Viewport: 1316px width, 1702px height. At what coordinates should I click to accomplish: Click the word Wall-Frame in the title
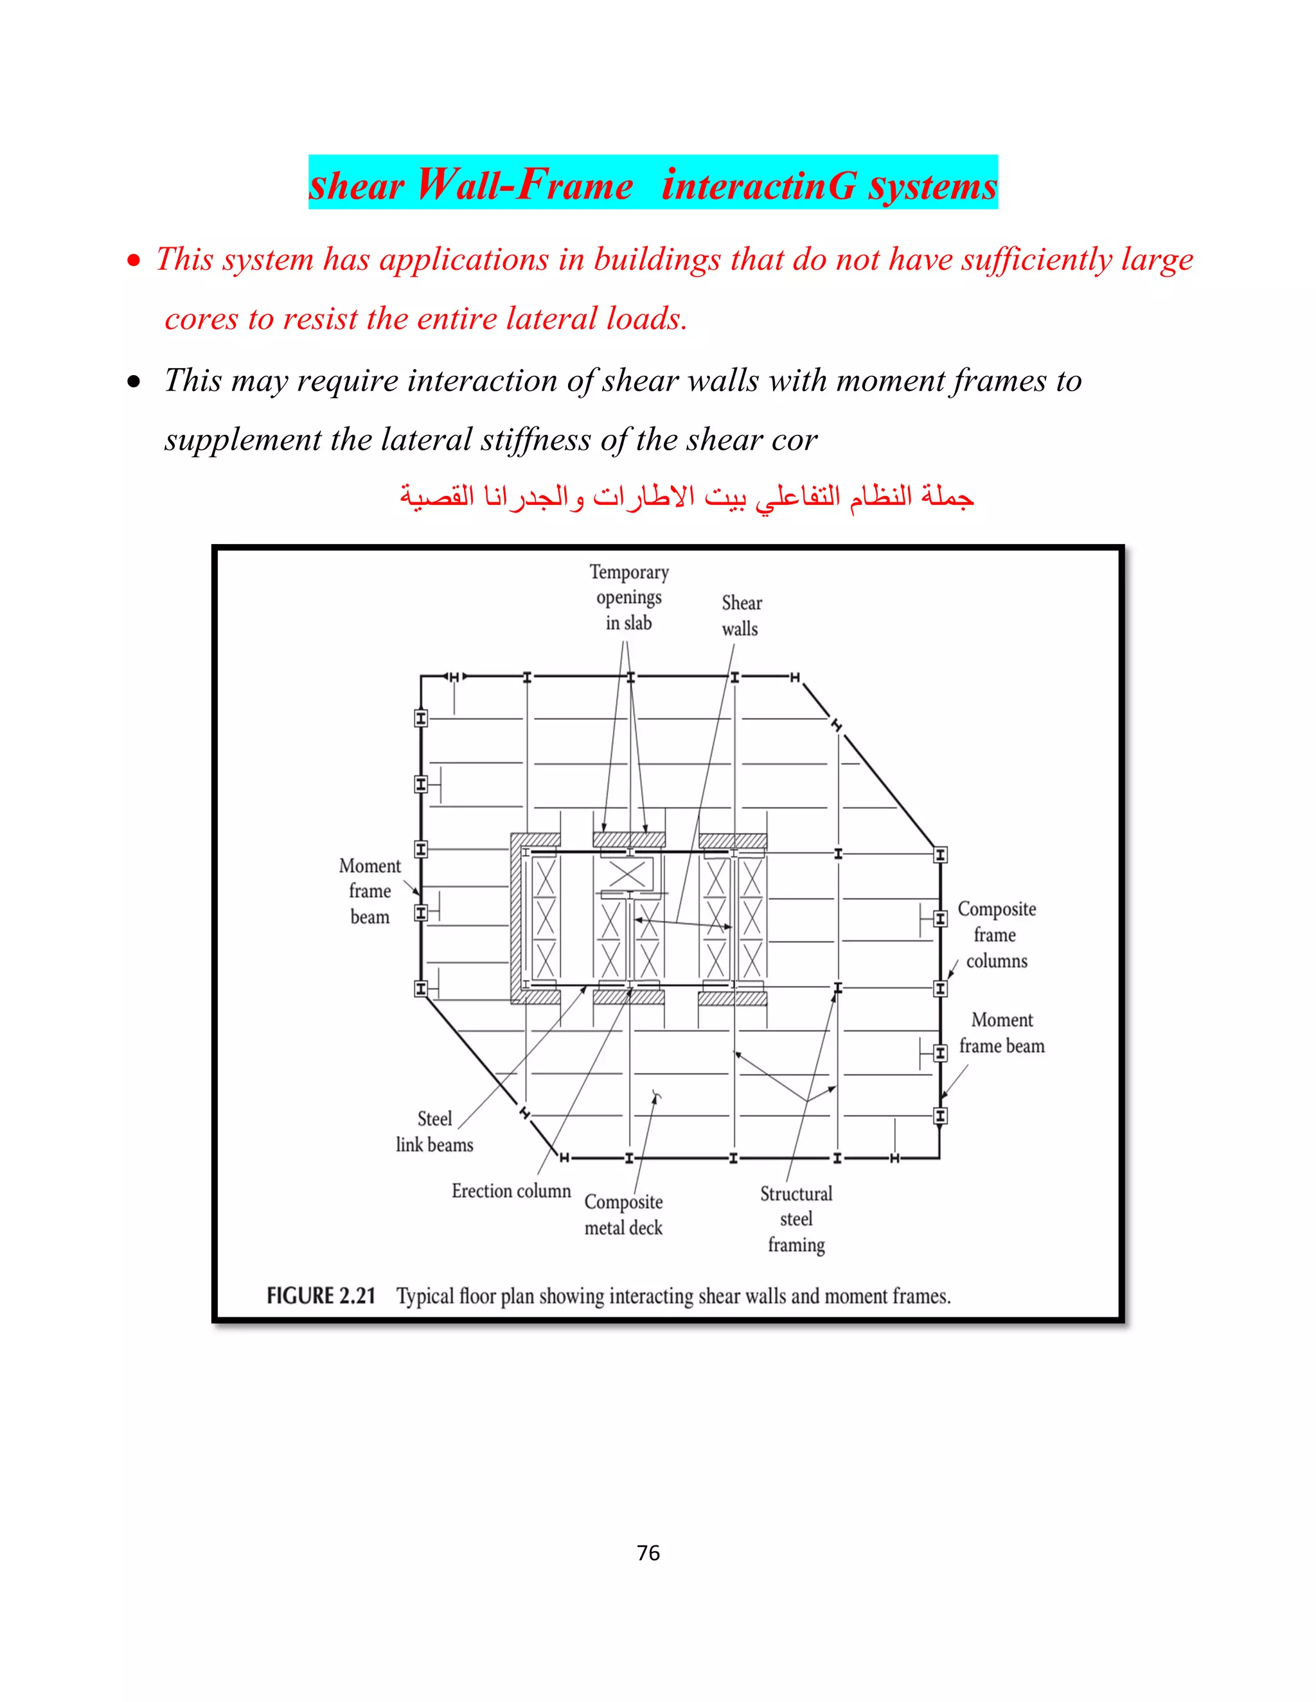(x=524, y=186)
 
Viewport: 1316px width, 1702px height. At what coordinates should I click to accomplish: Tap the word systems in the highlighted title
(x=932, y=186)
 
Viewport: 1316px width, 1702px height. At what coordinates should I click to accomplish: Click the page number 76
(x=648, y=1553)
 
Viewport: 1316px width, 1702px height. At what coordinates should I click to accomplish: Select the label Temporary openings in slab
(x=628, y=598)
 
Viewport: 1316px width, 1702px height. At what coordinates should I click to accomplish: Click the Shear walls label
(x=741, y=616)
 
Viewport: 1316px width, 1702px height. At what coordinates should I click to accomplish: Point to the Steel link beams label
(x=434, y=1132)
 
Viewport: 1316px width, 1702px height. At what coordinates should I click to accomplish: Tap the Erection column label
(x=511, y=1191)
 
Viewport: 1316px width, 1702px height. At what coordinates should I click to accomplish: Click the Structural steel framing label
(x=796, y=1219)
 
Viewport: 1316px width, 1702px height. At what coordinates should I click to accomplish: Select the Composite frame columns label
(x=997, y=934)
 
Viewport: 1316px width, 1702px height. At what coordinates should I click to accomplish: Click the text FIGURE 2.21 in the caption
(x=321, y=1296)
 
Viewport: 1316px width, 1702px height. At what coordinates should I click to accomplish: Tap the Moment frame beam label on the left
(x=369, y=891)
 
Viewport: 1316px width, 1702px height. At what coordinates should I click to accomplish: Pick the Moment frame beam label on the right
(x=1002, y=1033)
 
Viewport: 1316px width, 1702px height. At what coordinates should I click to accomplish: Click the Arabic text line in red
(x=686, y=496)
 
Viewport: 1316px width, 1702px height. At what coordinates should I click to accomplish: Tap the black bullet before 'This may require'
(x=135, y=382)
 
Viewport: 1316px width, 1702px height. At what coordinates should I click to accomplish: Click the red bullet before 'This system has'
(x=135, y=261)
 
